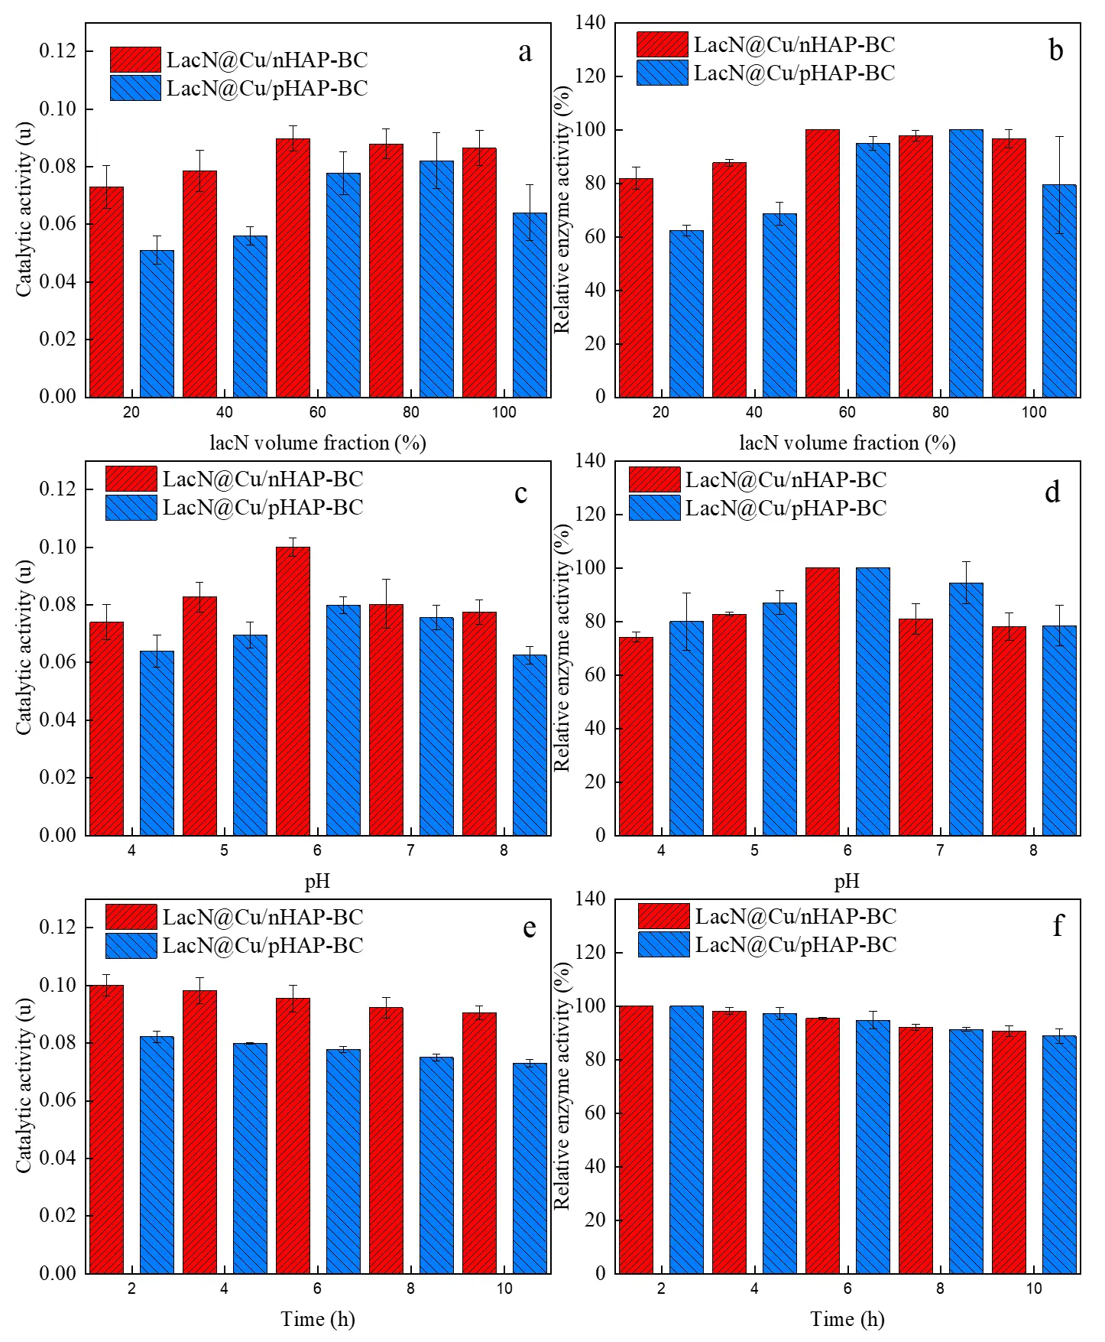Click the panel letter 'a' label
525,52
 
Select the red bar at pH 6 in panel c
293,690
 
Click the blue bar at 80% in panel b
966,263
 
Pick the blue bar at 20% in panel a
157,323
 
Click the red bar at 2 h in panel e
106,1129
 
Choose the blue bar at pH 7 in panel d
966,709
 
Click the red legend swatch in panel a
135,60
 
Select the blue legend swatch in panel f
663,944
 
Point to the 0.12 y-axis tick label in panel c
58,489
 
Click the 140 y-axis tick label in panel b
590,23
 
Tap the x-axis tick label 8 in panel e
410,1288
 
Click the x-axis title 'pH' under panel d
847,882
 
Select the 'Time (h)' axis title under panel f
847,1319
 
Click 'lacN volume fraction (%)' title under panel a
318,443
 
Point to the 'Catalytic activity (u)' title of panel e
24,1085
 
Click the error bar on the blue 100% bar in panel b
1059,184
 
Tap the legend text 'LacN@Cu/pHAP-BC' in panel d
786,508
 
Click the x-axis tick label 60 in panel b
847,412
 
